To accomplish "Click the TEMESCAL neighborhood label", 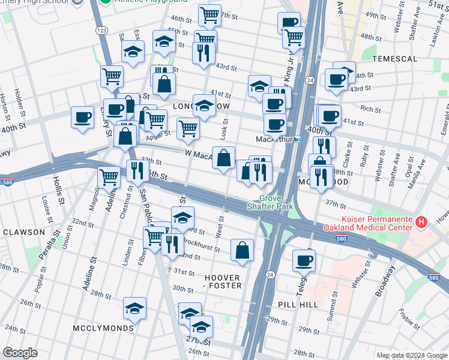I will click(394, 59).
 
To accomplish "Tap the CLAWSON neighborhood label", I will click(23, 232).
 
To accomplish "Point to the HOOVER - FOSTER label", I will click(222, 282).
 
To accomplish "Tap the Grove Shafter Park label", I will click(270, 202).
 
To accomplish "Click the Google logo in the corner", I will click(20, 353).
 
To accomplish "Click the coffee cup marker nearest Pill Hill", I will click(304, 260).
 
